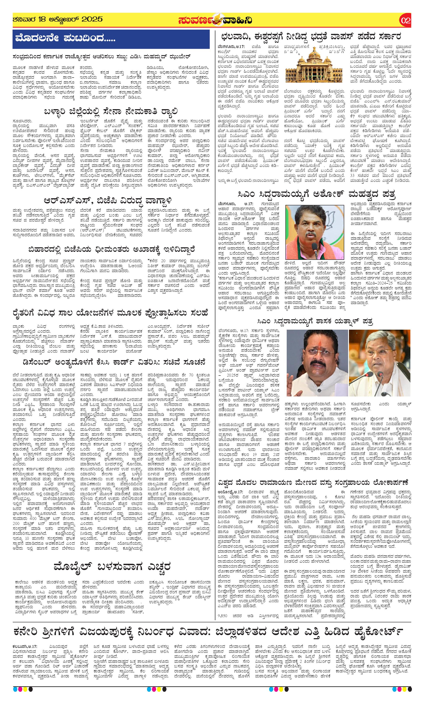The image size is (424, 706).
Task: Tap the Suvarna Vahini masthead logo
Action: click(215, 21)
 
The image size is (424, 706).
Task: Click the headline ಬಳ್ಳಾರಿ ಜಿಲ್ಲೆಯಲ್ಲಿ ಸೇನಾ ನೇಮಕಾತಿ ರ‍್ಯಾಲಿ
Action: click(111, 111)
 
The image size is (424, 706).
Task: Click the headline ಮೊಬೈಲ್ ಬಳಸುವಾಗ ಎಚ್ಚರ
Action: click(112, 566)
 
